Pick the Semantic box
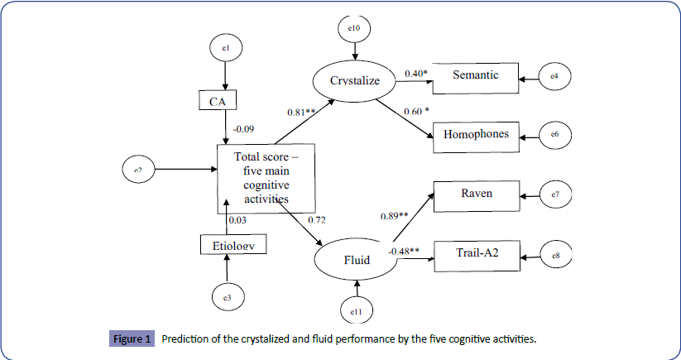point(476,76)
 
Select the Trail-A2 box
point(475,252)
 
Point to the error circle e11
point(356,311)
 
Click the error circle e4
point(554,76)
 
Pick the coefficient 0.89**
point(395,216)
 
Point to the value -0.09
point(245,129)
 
